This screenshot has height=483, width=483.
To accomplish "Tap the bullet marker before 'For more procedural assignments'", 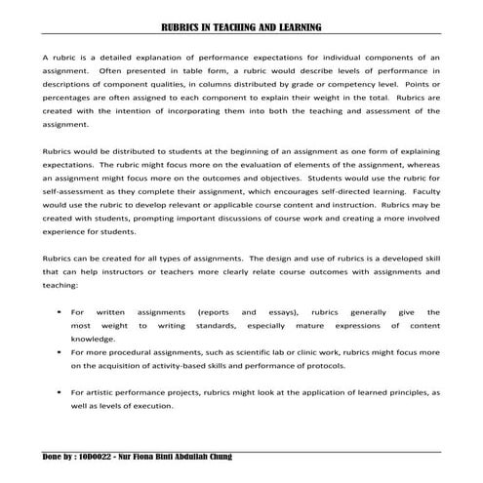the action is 60,351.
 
